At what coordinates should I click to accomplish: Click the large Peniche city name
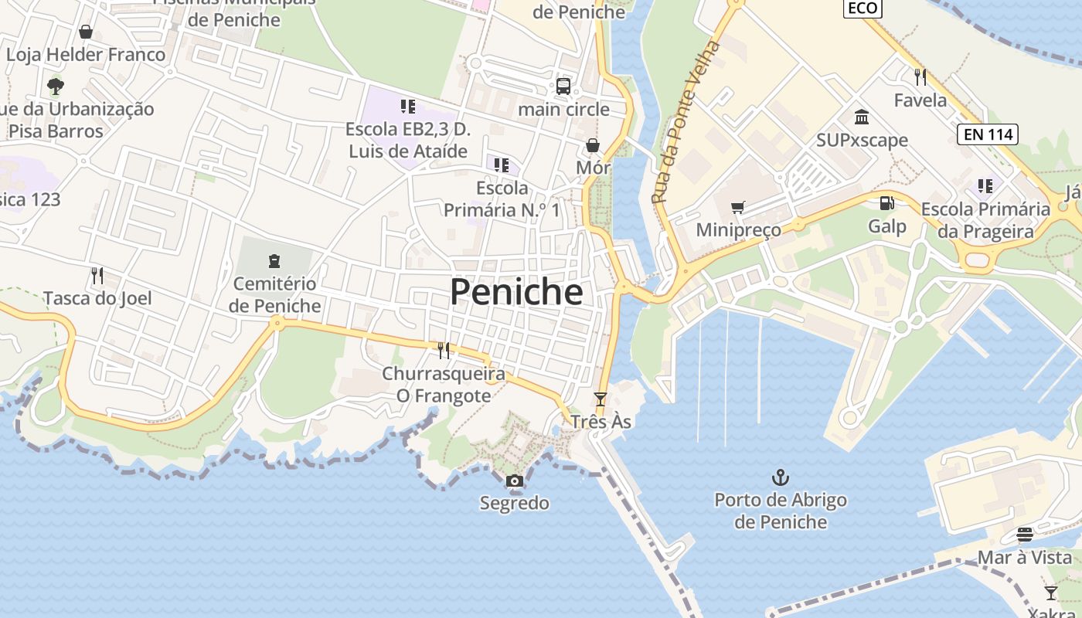coord(516,292)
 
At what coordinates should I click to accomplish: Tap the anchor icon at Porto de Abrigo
coord(781,477)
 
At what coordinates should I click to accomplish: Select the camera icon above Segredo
coord(514,481)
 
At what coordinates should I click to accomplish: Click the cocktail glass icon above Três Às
coord(601,399)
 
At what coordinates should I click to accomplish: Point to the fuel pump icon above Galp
coord(886,203)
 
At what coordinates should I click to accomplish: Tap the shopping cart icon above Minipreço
coord(737,207)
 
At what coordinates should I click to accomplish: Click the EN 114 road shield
coord(987,134)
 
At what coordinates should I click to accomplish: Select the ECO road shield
coord(862,8)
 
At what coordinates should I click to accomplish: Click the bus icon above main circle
coord(563,86)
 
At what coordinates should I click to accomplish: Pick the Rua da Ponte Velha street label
coord(686,123)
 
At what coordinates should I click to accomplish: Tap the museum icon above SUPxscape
coord(862,117)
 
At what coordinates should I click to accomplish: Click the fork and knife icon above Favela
coord(920,76)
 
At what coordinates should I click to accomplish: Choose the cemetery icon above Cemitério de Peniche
coord(274,260)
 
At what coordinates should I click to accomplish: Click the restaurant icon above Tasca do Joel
coord(97,275)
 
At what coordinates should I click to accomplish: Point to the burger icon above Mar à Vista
coord(1025,535)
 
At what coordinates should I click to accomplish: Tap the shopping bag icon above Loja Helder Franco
coord(86,32)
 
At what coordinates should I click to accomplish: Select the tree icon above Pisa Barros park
coord(55,86)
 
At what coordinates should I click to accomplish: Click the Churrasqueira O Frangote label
coord(444,385)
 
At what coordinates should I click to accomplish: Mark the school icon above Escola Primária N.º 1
coord(502,165)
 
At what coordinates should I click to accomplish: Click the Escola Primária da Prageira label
coord(985,220)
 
